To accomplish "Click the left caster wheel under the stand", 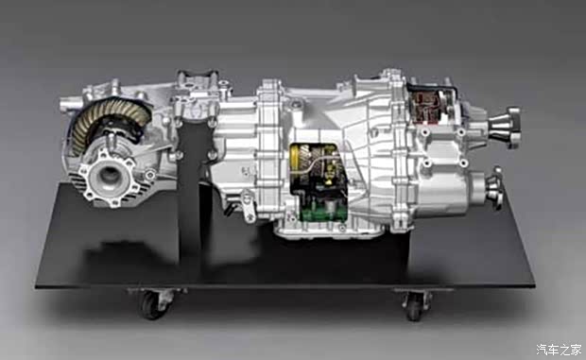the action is click(151, 304).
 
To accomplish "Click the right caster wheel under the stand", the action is click(414, 306).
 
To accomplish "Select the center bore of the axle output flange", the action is click(110, 175).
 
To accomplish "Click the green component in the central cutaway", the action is click(320, 213).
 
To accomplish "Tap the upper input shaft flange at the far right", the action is click(506, 127).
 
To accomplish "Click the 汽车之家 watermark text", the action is click(559, 350).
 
